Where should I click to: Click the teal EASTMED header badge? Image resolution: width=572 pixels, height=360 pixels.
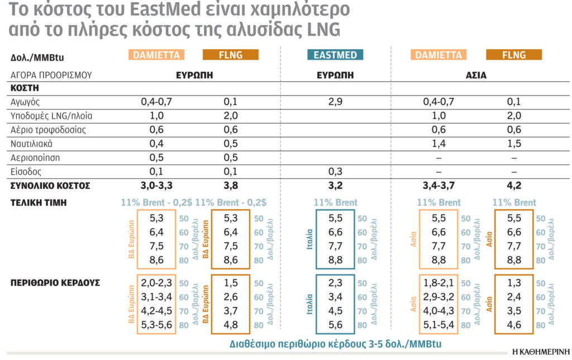[335, 55]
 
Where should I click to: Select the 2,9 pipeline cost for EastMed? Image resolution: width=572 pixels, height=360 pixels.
[335, 102]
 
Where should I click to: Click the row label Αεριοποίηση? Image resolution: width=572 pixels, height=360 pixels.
[35, 158]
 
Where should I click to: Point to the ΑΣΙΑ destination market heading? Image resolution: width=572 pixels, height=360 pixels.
[474, 74]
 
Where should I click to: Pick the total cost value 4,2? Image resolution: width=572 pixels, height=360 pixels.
[513, 186]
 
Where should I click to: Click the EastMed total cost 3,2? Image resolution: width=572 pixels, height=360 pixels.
[335, 186]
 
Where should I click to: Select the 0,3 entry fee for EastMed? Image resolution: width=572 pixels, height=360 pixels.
[335, 172]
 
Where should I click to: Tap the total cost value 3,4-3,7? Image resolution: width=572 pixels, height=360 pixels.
[438, 186]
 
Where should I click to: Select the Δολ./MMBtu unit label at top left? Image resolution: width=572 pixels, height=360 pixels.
[35, 58]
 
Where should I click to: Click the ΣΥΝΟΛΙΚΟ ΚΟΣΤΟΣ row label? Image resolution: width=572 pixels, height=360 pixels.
[50, 186]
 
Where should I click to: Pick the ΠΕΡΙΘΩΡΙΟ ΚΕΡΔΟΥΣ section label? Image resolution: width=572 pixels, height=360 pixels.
[55, 283]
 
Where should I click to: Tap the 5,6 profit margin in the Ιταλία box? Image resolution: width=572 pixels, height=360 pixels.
[335, 324]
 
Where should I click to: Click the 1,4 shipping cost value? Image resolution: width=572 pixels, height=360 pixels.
[438, 144]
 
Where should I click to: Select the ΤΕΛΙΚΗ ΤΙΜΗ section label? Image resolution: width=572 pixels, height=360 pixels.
[39, 202]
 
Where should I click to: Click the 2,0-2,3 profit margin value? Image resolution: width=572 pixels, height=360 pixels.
[156, 283]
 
